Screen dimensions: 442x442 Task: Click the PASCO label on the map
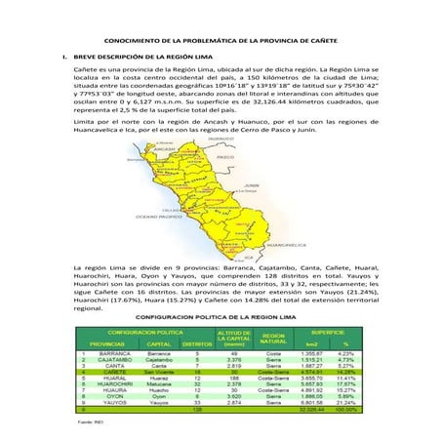[x=226, y=157]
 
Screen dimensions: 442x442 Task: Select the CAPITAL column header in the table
[x=159, y=343]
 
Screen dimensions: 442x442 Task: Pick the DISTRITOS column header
[x=199, y=343]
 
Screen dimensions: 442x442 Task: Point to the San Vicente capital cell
[x=159, y=372]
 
